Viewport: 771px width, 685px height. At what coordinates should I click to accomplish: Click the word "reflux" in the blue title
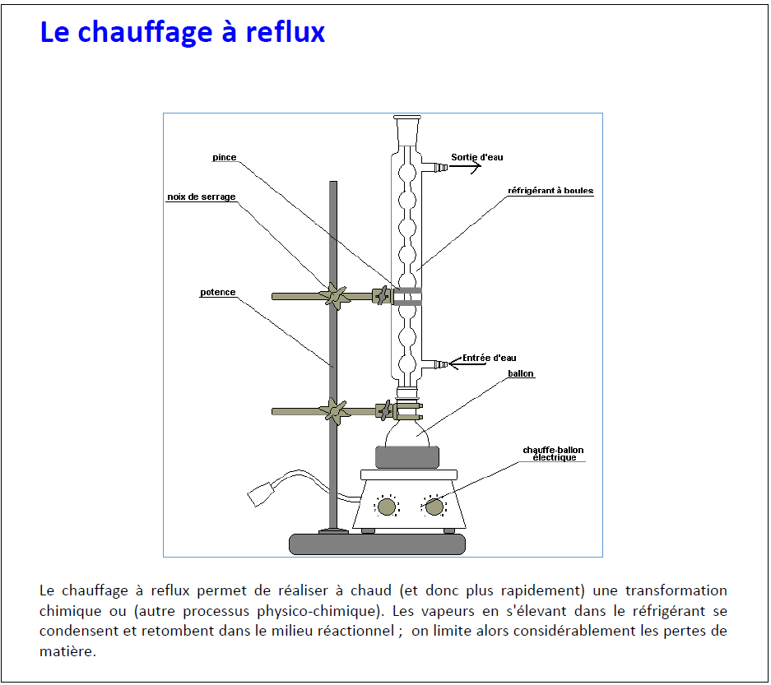tap(286, 32)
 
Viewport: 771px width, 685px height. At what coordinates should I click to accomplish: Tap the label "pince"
tap(224, 157)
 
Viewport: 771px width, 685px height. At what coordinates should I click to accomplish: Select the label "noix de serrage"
tap(201, 197)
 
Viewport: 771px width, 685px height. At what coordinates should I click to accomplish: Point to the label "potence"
tap(217, 292)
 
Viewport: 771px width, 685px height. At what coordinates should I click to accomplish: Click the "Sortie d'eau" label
tap(477, 157)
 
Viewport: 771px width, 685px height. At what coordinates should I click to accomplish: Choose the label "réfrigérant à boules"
tap(550, 191)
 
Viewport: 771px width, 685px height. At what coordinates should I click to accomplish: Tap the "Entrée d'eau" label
tap(490, 358)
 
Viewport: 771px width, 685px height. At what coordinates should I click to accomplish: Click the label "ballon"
tap(521, 373)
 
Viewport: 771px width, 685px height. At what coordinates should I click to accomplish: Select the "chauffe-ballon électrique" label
tap(553, 454)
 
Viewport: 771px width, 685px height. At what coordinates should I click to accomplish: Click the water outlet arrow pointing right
tap(465, 167)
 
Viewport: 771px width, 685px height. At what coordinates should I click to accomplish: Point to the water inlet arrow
tap(455, 363)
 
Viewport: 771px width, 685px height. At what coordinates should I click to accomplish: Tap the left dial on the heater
tap(387, 507)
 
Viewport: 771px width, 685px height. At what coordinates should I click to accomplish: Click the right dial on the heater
tap(434, 507)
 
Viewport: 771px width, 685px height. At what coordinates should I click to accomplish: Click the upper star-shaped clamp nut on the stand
tap(334, 296)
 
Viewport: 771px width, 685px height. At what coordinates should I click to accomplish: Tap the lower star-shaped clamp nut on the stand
tap(334, 411)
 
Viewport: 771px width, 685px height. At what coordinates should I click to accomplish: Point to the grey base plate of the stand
tap(377, 544)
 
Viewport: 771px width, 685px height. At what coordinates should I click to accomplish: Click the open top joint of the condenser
tap(407, 118)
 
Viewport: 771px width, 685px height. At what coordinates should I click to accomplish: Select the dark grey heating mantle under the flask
tap(407, 457)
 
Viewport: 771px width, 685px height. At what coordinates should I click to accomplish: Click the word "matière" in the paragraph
tap(67, 651)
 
